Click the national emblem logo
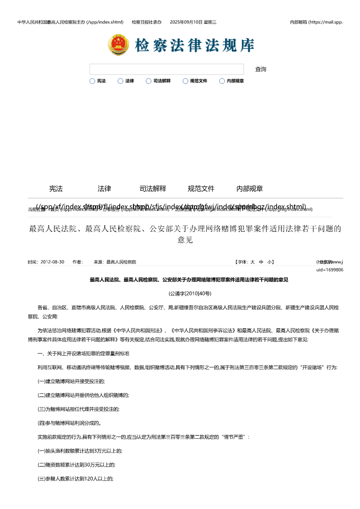coord(119,45)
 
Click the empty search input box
coord(167,69)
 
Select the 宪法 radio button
coord(92,81)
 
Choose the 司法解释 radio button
coord(149,81)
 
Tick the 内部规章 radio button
coord(222,81)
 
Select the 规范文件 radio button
coord(185,81)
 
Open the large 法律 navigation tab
coord(104,189)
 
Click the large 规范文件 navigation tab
coord(201,189)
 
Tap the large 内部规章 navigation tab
coord(250,189)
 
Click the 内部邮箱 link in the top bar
coord(316,22)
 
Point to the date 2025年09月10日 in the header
coord(193,22)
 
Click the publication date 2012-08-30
coord(52,262)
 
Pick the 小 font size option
coord(269,262)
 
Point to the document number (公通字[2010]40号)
coord(190,293)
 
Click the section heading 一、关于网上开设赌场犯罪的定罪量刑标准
coord(84,353)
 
